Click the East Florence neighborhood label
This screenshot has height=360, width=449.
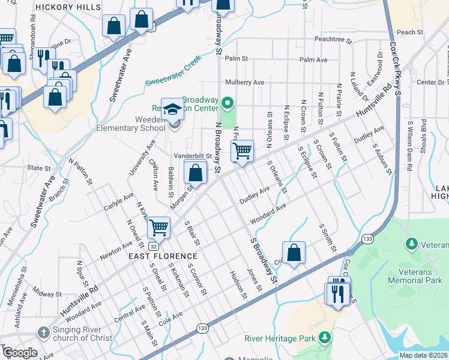click(x=163, y=256)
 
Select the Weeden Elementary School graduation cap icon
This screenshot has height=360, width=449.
click(x=172, y=109)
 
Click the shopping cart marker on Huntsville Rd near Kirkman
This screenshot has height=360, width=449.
click(x=159, y=227)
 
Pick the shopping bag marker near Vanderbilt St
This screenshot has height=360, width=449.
click(x=196, y=173)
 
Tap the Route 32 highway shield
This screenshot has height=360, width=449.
click(x=154, y=247)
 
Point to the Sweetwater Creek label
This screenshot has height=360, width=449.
click(x=173, y=71)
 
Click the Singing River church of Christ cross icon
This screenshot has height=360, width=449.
click(x=43, y=332)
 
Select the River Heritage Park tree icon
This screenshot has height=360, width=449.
click(x=325, y=337)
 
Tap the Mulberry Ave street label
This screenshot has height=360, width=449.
click(x=245, y=82)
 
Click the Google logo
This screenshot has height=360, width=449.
click(x=19, y=353)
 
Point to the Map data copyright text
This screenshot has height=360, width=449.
click(x=424, y=355)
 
